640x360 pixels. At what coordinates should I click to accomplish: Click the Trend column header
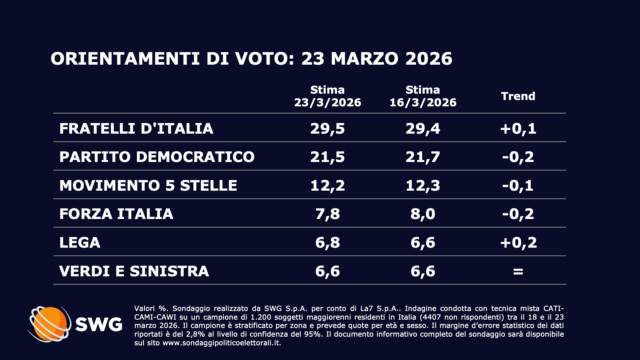pos(518,96)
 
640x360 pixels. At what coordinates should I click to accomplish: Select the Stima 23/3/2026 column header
pos(327,96)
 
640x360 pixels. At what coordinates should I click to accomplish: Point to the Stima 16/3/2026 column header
pos(423,96)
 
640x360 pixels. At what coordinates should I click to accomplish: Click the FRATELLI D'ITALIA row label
pos(136,129)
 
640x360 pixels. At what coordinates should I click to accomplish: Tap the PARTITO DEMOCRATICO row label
pos(157,157)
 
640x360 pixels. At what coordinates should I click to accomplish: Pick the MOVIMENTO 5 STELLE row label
pos(148,186)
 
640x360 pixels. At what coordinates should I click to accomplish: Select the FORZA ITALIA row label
pos(116,214)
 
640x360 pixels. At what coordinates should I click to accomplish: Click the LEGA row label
pos(80,243)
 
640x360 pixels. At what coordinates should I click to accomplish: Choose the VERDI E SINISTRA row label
pos(134,271)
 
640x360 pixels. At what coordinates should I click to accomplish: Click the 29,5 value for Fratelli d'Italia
pos(327,129)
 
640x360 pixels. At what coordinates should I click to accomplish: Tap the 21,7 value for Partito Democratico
pos(423,157)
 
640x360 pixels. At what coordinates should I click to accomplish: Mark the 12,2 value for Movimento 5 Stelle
pos(327,186)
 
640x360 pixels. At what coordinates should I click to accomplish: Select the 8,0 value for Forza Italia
pos(423,214)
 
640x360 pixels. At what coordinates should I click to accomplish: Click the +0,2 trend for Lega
pos(518,243)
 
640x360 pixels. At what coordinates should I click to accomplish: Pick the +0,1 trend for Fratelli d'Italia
pos(518,129)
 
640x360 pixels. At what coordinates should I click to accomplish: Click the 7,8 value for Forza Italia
pos(327,214)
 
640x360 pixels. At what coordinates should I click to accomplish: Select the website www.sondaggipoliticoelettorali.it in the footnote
pos(221,343)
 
